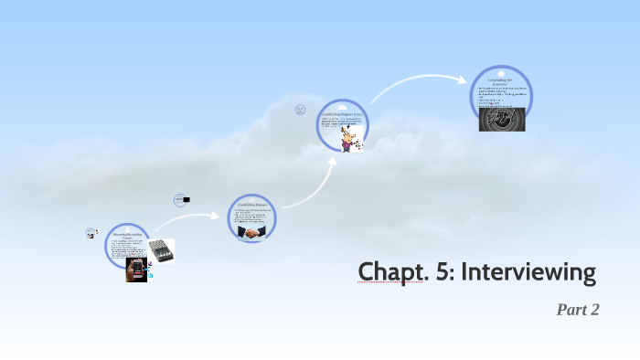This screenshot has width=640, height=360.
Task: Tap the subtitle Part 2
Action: (x=577, y=310)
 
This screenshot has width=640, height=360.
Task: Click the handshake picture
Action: (x=250, y=233)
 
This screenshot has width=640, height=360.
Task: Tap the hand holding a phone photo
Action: (x=136, y=269)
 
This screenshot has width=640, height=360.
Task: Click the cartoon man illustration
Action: (x=348, y=137)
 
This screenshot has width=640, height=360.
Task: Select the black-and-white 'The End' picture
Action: (x=501, y=119)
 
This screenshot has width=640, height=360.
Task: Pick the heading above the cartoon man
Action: (x=342, y=112)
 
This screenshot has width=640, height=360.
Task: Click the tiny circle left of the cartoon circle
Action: (x=299, y=110)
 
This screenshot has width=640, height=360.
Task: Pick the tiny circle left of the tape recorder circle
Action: (x=91, y=233)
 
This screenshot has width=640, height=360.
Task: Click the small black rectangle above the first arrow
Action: (x=185, y=199)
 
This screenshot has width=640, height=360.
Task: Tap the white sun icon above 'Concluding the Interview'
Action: (x=501, y=72)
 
